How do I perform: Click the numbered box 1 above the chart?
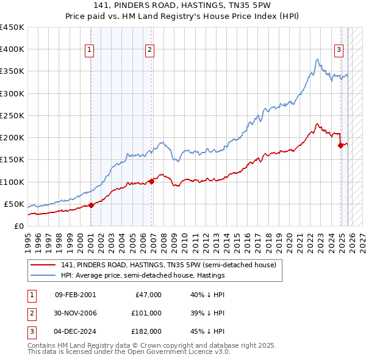pyautogui.click(x=90, y=50)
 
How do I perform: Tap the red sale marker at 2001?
pyautogui.click(x=91, y=205)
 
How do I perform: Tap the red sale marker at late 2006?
pyautogui.click(x=151, y=181)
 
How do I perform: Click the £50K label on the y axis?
pyautogui.click(x=14, y=204)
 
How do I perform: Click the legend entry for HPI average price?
pyautogui.click(x=143, y=275)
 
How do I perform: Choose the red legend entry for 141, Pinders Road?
pyautogui.click(x=168, y=265)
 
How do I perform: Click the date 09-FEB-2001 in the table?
pyautogui.click(x=75, y=295)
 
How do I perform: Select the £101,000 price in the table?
pyautogui.click(x=146, y=313)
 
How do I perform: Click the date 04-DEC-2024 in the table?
pyautogui.click(x=75, y=331)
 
